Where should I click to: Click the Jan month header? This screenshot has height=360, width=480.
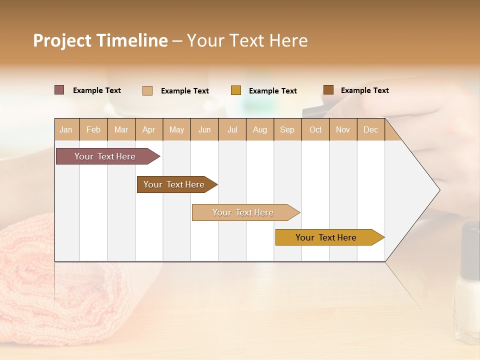(66, 129)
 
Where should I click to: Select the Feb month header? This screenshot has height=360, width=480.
(93, 129)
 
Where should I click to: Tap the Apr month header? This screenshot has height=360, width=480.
(149, 129)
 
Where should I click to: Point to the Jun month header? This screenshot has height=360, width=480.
(204, 129)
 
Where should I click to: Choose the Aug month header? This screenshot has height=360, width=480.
(260, 129)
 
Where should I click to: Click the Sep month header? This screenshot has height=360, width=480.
(287, 129)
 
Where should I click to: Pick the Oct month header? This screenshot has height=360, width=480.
(315, 129)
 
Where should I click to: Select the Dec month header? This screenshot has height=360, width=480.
(371, 129)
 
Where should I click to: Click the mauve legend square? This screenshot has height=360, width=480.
(59, 90)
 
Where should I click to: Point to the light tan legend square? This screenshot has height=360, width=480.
(147, 90)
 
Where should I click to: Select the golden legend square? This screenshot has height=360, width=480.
(236, 90)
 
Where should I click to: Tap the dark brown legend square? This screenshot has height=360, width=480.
(328, 90)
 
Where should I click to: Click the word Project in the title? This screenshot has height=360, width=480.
(62, 40)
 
